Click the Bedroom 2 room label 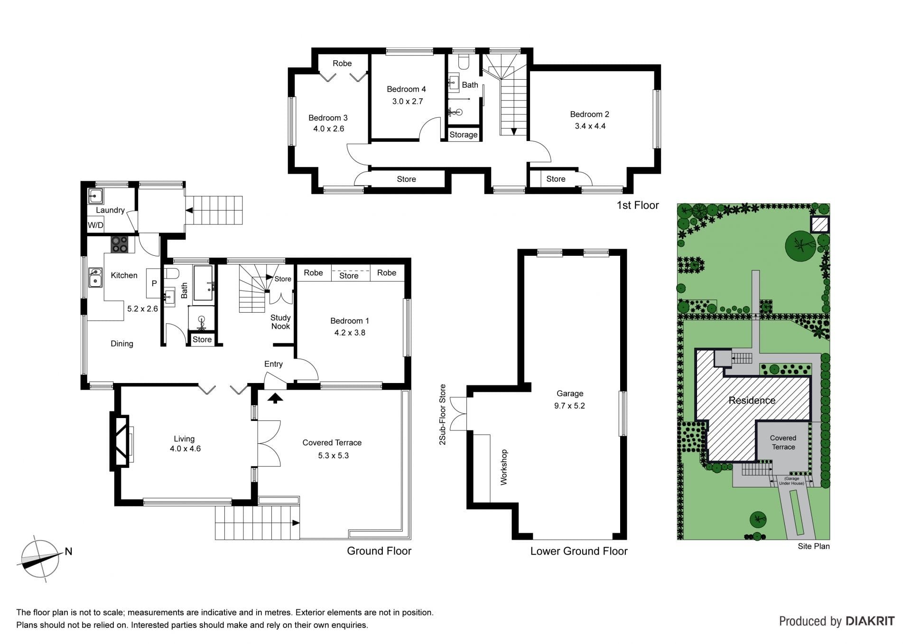[x=589, y=114]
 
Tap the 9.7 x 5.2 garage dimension [x=569, y=406]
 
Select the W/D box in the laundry [x=95, y=225]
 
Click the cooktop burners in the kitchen [x=120, y=244]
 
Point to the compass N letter [x=68, y=551]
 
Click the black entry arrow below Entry [x=275, y=398]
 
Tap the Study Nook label [x=280, y=322]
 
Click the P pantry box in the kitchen [x=154, y=283]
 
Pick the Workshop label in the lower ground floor [x=504, y=467]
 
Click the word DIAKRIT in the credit [x=870, y=621]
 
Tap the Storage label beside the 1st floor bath [x=464, y=135]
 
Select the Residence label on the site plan [x=752, y=400]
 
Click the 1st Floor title [x=638, y=205]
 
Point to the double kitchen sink [x=95, y=278]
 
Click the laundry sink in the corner [x=95, y=196]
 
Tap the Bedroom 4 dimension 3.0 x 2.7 [x=408, y=101]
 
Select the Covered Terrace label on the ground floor [x=332, y=443]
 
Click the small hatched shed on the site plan [x=819, y=224]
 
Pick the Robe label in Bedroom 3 [x=342, y=63]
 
